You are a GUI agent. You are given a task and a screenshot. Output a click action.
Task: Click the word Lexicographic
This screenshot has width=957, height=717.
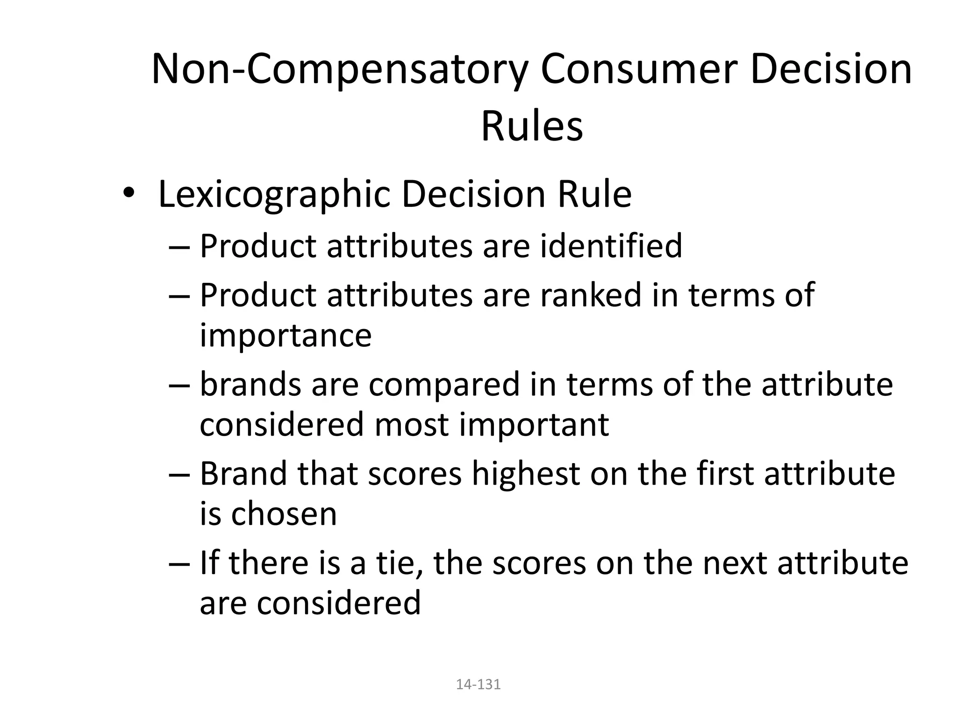click(x=274, y=194)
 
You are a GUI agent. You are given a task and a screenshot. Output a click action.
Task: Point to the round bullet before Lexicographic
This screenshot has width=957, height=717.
click(x=129, y=194)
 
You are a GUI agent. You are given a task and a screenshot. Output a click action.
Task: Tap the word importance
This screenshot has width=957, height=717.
click(x=286, y=335)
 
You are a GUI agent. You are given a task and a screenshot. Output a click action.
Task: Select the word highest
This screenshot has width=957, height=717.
click(x=525, y=473)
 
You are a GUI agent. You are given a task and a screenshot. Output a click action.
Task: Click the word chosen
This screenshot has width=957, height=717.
click(x=284, y=514)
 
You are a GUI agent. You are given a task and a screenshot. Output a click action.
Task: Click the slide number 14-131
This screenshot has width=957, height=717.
click(x=478, y=684)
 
